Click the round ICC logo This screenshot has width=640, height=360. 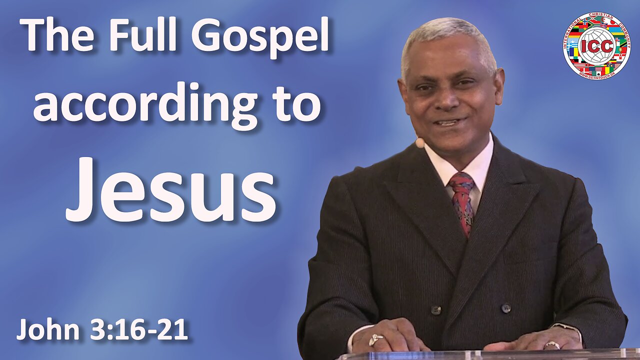tap(596, 45)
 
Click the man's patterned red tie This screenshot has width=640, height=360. tap(462, 200)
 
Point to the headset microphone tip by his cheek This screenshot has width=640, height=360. tap(420, 143)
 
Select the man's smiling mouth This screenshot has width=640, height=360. tap(449, 122)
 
